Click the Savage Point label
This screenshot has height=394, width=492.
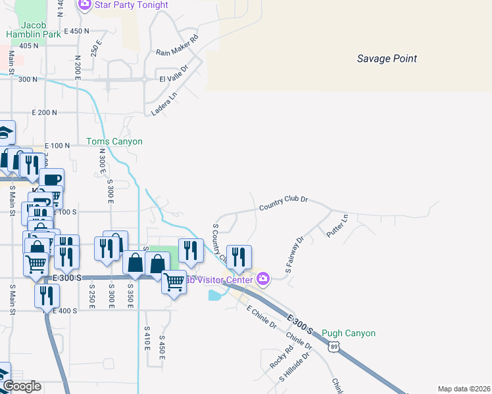[x=387, y=59]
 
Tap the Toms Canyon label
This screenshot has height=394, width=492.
[x=114, y=141]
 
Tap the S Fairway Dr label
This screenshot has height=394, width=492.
[x=293, y=255]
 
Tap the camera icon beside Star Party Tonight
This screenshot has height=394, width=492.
[x=85, y=5]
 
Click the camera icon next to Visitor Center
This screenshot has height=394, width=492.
[x=263, y=280]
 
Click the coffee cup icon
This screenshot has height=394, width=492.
[x=51, y=179]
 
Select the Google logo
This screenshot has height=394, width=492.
[x=22, y=385]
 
